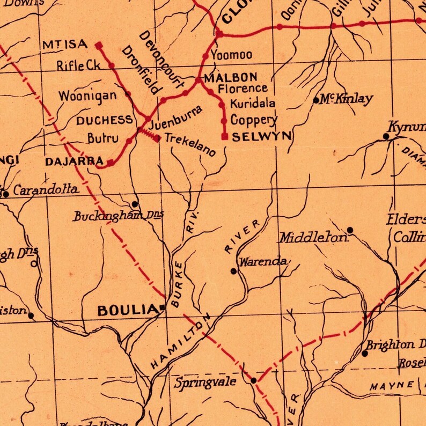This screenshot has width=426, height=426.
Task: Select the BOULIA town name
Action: click(126, 310)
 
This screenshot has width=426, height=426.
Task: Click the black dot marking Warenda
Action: click(233, 271)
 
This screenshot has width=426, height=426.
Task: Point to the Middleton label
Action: click(312, 237)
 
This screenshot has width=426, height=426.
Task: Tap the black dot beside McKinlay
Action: click(316, 100)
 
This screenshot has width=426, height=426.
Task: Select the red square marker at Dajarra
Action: click(110, 161)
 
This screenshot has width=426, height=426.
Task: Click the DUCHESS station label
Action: click(104, 120)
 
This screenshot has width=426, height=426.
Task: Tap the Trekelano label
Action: click(190, 144)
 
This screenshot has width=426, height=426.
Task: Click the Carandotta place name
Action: click(46, 190)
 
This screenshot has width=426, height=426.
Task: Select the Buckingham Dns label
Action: click(117, 216)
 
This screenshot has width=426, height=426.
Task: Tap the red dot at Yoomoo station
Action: click(205, 56)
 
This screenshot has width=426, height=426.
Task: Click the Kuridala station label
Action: click(253, 103)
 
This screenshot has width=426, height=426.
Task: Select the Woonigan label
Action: click(87, 97)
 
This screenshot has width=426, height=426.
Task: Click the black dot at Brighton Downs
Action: click(365, 354)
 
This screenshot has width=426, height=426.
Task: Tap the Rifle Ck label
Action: click(78, 66)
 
